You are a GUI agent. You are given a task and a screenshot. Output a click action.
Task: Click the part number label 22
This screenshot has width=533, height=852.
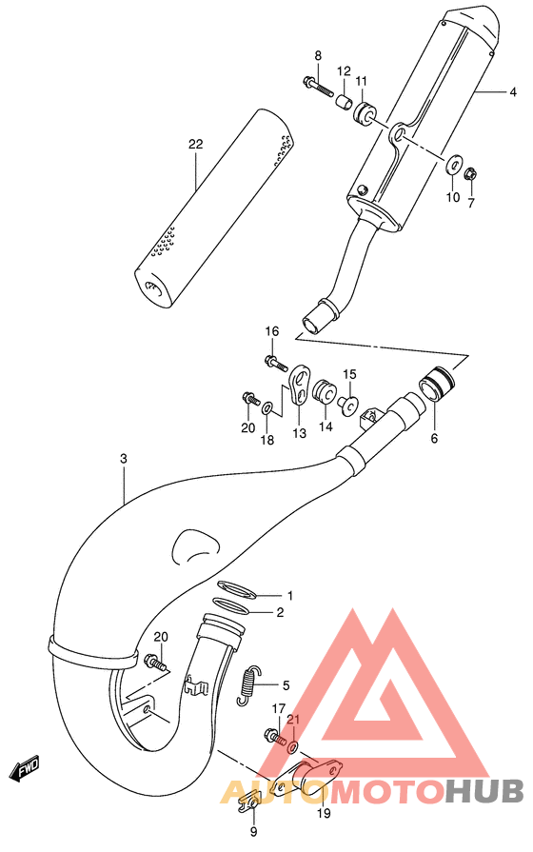click(x=196, y=145)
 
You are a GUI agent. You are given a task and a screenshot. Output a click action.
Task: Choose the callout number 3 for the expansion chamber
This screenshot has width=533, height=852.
click(x=124, y=459)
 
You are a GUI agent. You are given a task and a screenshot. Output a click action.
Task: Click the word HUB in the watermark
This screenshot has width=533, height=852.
click(x=484, y=789)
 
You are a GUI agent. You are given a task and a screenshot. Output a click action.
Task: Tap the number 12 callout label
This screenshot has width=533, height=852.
click(x=344, y=71)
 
